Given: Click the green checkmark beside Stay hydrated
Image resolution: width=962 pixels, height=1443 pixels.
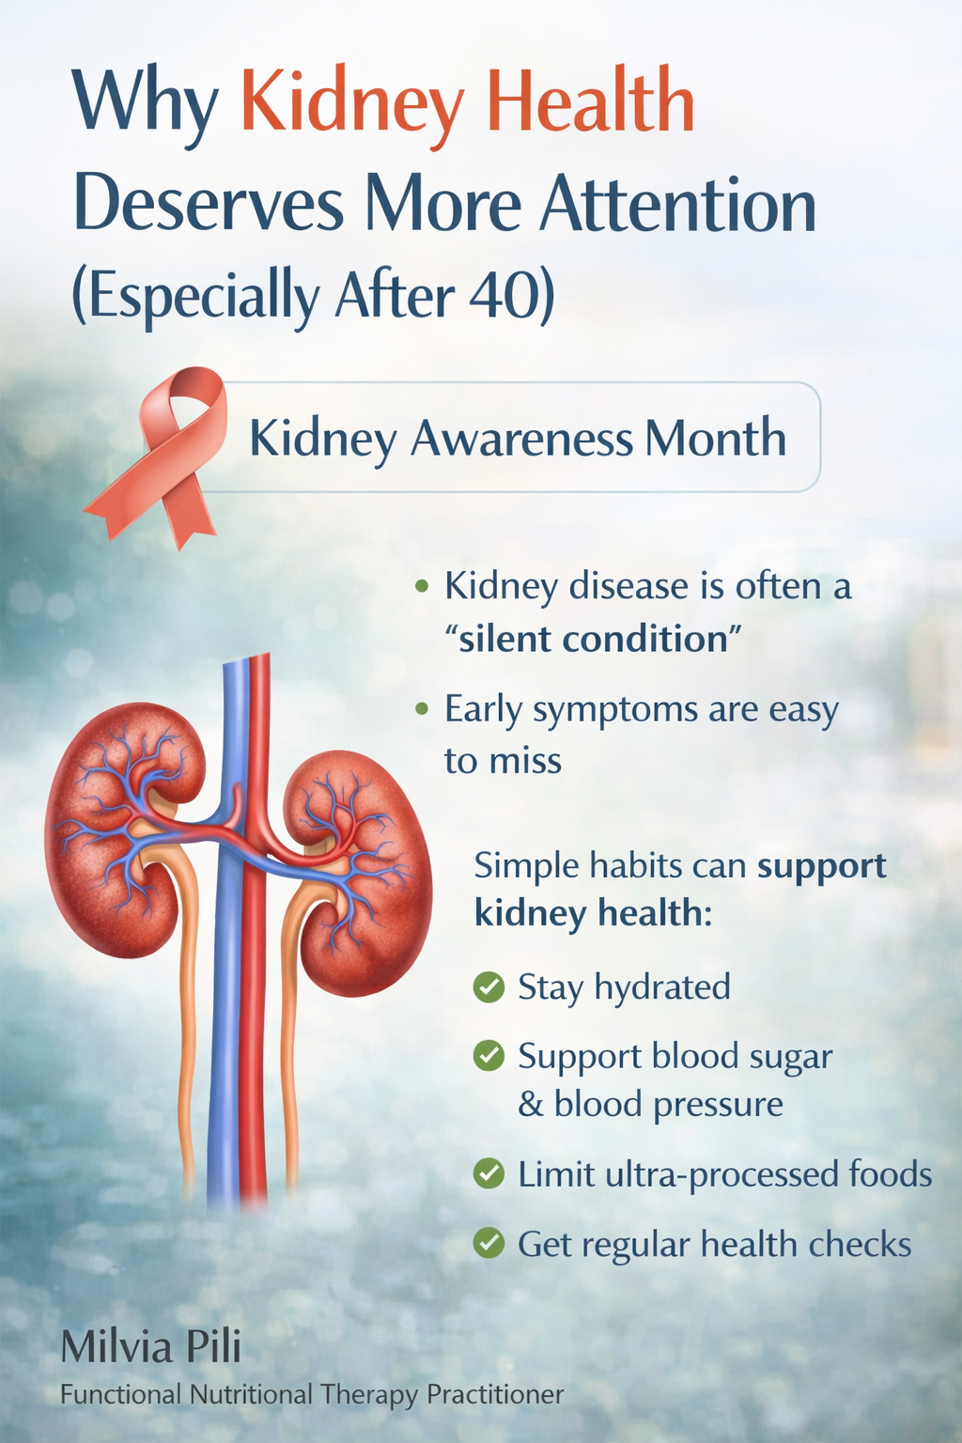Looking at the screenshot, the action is point(489,987).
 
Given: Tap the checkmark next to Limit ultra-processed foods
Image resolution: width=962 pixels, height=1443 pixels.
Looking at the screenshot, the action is point(489,1173).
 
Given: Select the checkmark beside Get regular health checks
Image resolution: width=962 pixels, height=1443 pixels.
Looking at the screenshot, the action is point(489,1243).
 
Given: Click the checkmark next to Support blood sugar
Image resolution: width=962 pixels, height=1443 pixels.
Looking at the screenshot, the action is point(489,1056).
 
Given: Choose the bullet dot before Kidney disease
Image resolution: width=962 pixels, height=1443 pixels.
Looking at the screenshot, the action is point(422,586).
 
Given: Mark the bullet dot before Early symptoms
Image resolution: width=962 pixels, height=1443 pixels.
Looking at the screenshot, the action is point(422,709).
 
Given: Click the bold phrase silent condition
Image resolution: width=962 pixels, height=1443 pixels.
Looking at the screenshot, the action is point(594,639).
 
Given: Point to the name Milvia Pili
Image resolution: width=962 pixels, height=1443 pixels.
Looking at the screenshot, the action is point(150,1346).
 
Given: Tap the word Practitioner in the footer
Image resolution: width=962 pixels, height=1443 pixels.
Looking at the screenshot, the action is point(495,1395).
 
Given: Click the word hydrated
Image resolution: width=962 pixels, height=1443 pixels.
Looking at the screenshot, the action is point(662,987).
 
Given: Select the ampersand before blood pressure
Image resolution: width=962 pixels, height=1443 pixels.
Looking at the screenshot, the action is point(531,1104).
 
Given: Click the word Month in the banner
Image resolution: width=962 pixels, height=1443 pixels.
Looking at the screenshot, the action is point(715,437).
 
